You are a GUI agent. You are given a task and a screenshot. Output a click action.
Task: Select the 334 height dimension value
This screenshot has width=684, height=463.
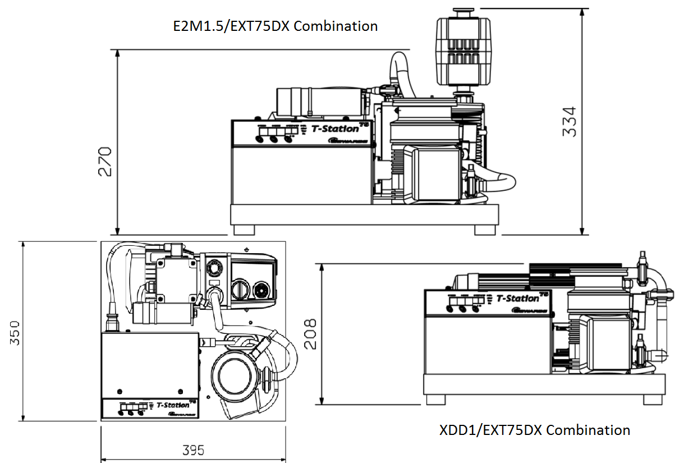(x=568, y=121)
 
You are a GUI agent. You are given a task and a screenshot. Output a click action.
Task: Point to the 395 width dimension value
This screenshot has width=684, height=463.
(x=193, y=450)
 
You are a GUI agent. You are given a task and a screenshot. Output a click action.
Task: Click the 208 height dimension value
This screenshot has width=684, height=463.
(x=310, y=333)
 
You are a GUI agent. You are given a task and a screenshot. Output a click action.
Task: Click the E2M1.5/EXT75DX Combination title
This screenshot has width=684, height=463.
(x=275, y=26)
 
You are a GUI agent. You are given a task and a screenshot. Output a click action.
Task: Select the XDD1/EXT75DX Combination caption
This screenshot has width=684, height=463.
(x=534, y=430)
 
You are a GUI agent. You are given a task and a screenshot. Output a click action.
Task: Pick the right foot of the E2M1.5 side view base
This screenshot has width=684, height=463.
(x=484, y=230)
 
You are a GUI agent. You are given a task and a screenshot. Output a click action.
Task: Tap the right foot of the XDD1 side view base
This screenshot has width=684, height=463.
(x=652, y=400)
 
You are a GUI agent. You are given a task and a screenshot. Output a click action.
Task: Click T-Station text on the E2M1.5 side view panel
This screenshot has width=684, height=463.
(x=335, y=129)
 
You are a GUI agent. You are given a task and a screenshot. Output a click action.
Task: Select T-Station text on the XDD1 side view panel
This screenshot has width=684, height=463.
(x=517, y=298)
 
